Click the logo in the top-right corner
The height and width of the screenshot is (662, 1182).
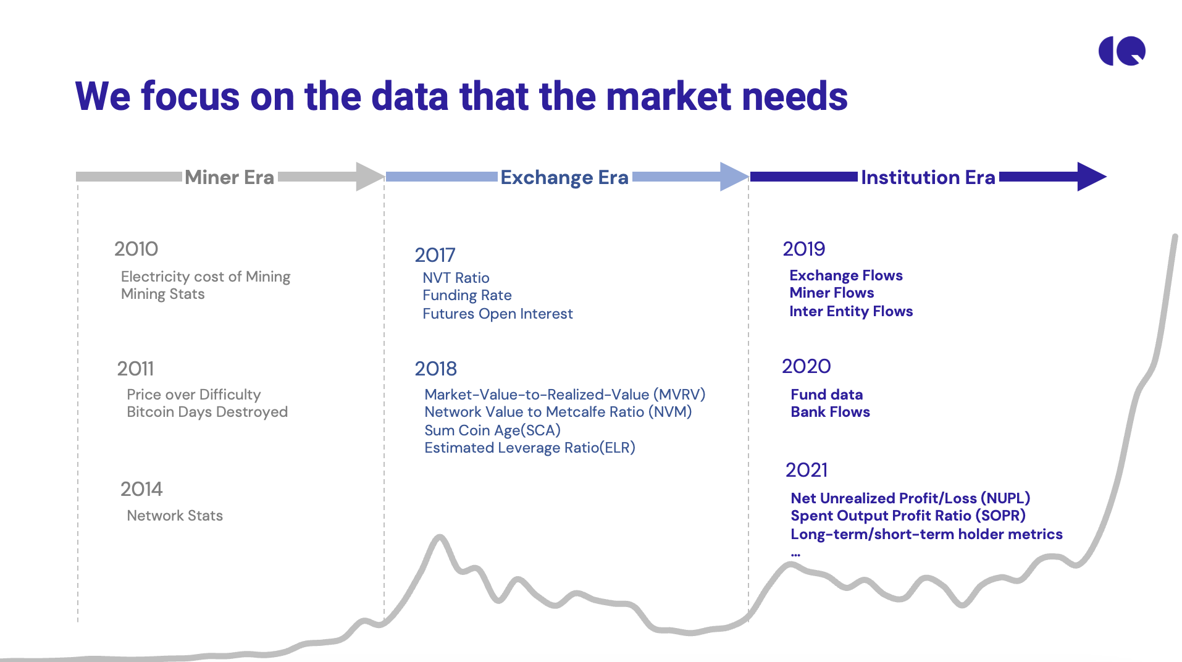(x=1121, y=51)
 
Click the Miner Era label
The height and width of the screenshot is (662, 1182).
(x=229, y=177)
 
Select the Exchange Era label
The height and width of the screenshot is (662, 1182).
(x=564, y=177)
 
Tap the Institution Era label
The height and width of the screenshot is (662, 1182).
(x=928, y=177)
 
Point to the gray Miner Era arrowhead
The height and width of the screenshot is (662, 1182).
(x=369, y=177)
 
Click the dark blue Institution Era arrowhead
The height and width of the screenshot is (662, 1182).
(x=1091, y=177)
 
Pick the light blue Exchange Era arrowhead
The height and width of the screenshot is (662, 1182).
(x=734, y=177)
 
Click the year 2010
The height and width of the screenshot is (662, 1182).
(x=136, y=249)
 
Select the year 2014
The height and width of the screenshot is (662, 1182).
(x=141, y=489)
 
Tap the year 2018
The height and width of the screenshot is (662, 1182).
(x=435, y=369)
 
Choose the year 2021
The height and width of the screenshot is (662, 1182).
(x=807, y=470)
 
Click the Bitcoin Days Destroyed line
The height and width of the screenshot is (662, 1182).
(x=207, y=412)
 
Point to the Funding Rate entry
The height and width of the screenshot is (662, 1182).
(x=467, y=295)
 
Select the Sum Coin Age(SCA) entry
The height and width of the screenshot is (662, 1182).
(x=492, y=430)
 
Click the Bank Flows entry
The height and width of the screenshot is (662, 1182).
(x=830, y=412)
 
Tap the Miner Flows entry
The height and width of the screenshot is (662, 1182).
(x=831, y=293)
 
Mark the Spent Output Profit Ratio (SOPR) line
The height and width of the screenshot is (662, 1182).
(x=908, y=516)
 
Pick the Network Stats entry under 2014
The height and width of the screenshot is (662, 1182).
(x=175, y=516)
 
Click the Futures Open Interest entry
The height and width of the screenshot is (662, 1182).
(x=497, y=314)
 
